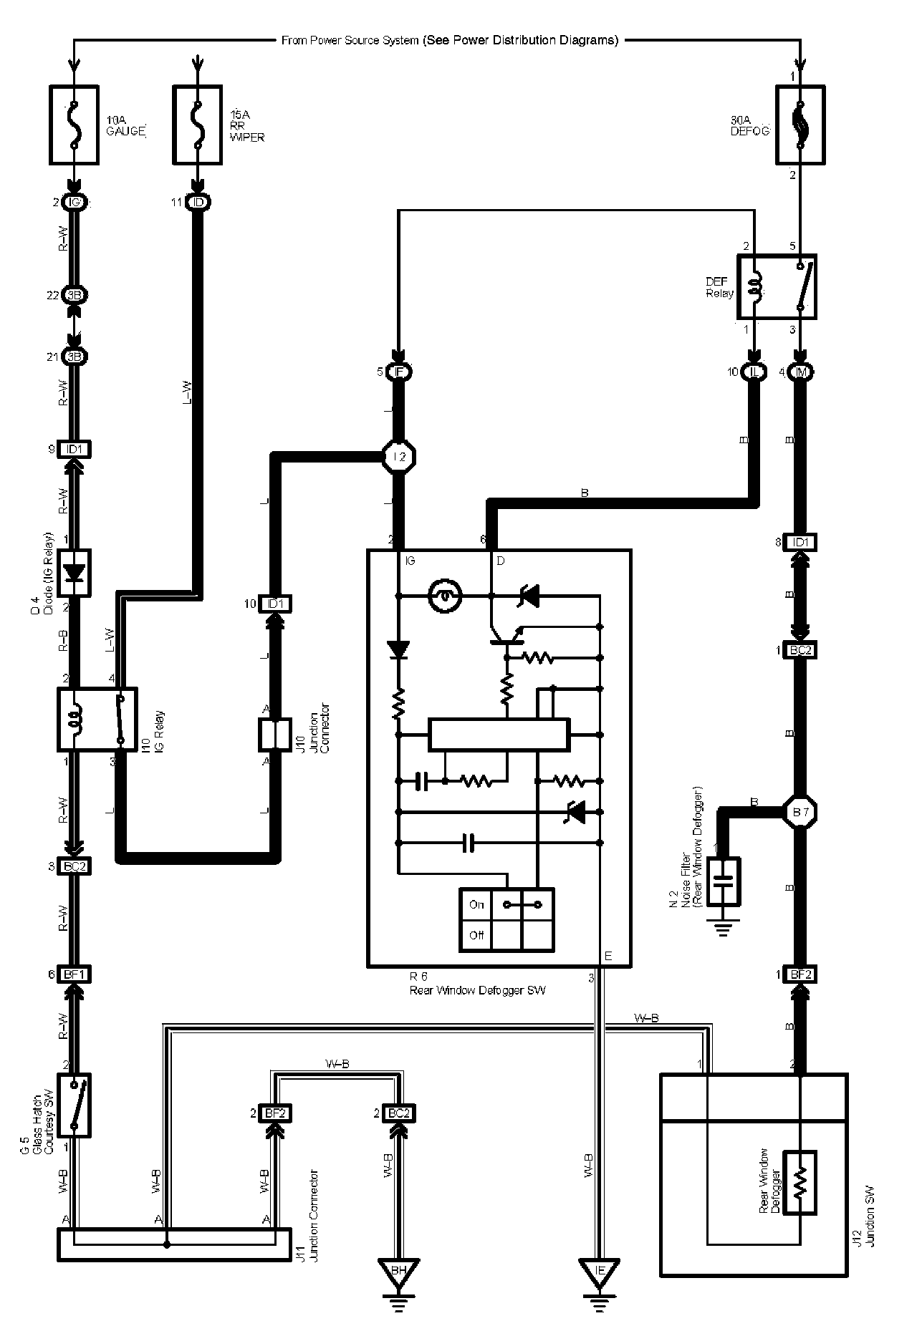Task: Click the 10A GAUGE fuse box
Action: pos(73,125)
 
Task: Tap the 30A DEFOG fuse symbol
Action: pos(800,125)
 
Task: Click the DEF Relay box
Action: pos(777,286)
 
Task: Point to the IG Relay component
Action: pos(97,719)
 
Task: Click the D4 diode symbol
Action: pos(74,573)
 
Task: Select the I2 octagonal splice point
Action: pos(400,456)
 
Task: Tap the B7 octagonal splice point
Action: pos(800,812)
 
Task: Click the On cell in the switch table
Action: pos(476,904)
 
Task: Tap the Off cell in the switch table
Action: pos(476,935)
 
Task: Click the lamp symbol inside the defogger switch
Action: pos(444,594)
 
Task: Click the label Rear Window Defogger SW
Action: pos(477,991)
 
